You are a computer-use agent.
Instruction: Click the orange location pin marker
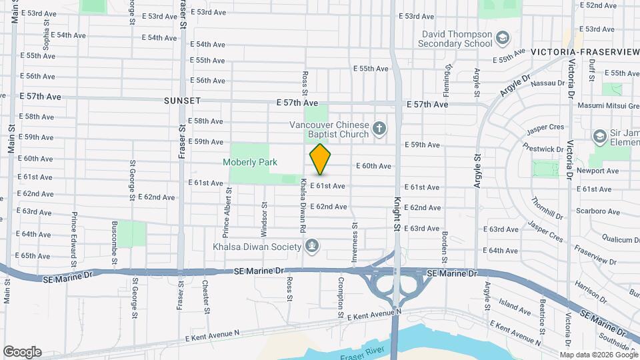[321, 159]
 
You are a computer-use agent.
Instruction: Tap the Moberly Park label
[250, 162]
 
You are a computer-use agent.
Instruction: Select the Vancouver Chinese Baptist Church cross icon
[379, 128]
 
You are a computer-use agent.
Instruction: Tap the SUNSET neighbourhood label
[182, 101]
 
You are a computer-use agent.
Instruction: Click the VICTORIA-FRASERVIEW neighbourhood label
[585, 51]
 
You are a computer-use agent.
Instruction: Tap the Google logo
[22, 351]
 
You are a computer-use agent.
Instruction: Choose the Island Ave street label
[515, 307]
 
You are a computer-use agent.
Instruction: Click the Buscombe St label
[114, 241]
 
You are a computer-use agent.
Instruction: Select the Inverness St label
[355, 231]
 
